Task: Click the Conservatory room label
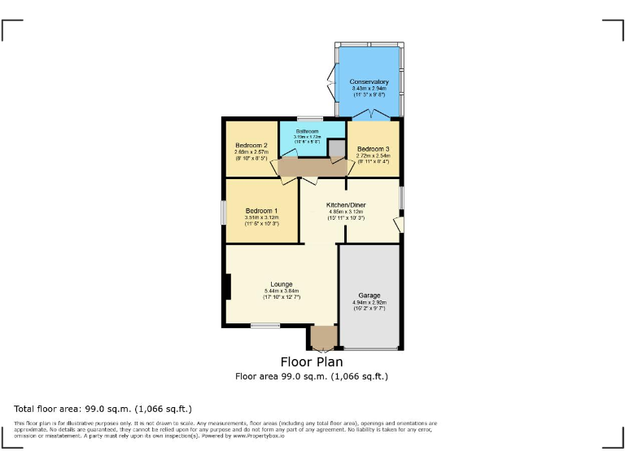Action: coord(369,82)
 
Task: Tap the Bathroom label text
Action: coord(307,131)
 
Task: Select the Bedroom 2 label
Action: coord(251,146)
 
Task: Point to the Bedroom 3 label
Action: coord(374,149)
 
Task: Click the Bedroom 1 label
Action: coord(261,211)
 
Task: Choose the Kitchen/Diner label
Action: coord(346,205)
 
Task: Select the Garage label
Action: coord(369,296)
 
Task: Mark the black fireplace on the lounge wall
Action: coord(228,287)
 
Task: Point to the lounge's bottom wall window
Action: coord(265,327)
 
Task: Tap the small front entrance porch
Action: coord(323,337)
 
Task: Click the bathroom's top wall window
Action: coord(309,119)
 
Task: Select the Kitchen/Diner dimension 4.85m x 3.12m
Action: coord(346,213)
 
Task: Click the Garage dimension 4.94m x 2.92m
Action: coord(369,303)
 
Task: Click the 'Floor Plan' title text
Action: coord(312,362)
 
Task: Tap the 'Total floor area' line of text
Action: coord(103,408)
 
